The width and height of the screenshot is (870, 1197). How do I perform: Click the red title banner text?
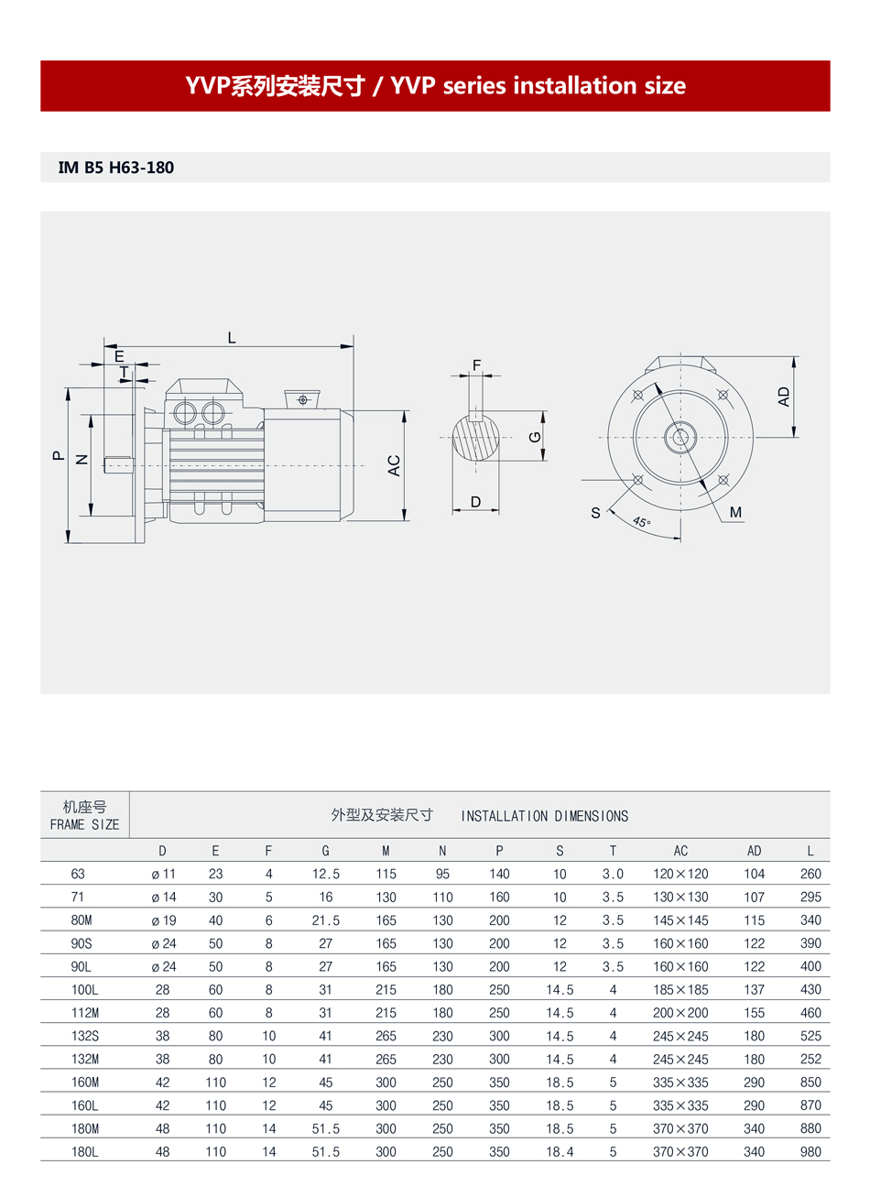pos(435,86)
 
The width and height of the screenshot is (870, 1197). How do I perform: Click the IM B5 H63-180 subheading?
pos(115,168)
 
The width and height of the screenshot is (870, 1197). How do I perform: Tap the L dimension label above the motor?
pos(232,337)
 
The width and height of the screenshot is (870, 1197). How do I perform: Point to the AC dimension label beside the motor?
pos(395,465)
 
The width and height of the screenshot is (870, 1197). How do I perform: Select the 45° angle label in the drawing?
pos(641,523)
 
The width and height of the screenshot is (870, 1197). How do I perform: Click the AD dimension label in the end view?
pos(784,397)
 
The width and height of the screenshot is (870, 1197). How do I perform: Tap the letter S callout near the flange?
pos(595,513)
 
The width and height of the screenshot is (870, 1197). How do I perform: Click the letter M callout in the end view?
pos(735,513)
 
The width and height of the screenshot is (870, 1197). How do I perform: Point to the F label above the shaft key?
pos(476,365)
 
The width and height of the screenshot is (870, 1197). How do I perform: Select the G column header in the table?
pos(325,851)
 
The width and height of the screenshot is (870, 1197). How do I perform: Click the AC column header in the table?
pos(680,851)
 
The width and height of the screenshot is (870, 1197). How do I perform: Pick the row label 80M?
pos(82,920)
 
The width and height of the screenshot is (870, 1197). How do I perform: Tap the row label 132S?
pos(84,1036)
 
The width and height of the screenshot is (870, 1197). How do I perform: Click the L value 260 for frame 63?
pos(810,874)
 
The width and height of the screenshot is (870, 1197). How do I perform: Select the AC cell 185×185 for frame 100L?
pos(680,990)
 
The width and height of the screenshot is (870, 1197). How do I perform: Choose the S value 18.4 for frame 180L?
pos(560,1152)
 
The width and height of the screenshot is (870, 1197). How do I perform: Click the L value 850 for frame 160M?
pos(810,1083)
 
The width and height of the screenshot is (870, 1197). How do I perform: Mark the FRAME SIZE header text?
pos(84,824)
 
